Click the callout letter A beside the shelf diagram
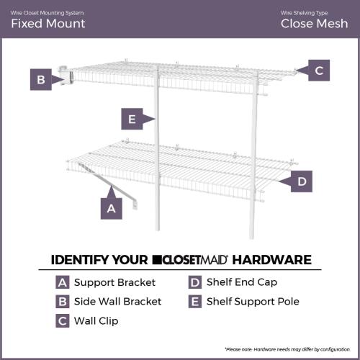point(110,208)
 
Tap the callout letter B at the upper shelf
point(40,79)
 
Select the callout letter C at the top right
point(320,70)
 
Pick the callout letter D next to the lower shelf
point(302,181)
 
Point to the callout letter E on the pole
point(130,118)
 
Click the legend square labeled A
point(63,283)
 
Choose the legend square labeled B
point(63,301)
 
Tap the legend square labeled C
point(63,319)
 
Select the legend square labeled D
point(194,283)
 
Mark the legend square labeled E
point(194,301)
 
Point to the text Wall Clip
point(96,319)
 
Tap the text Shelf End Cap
point(241,283)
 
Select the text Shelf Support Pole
point(252,301)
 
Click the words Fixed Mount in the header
point(48,23)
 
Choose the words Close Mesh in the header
point(314,23)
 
